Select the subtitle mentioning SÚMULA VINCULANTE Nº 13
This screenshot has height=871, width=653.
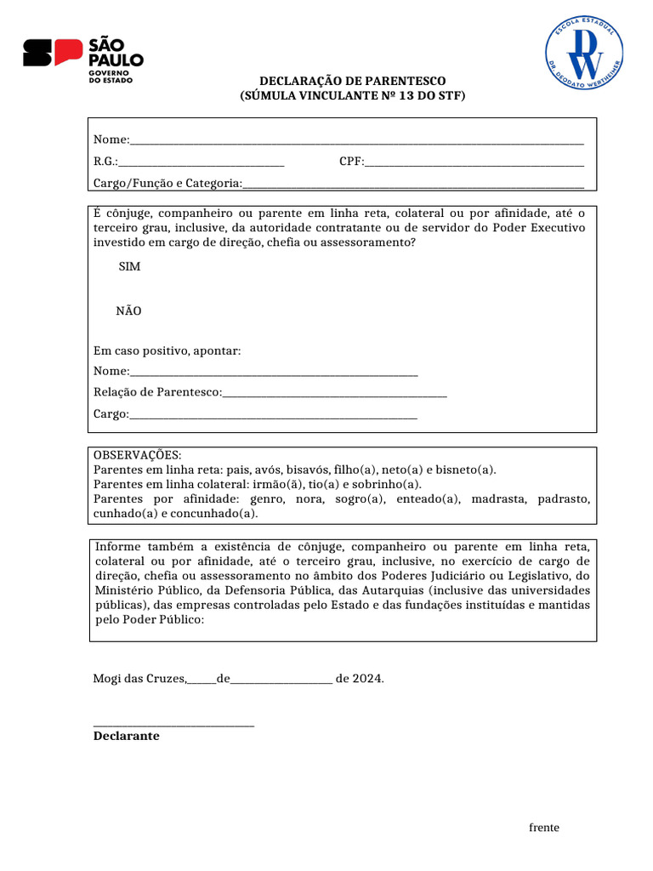pos(352,96)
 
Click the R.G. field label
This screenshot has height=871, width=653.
pos(105,162)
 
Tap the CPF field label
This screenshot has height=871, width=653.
pos(351,162)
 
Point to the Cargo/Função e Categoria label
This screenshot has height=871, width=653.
pos(168,183)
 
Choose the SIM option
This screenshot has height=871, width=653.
pos(129,267)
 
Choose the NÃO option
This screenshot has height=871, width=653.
pos(129,311)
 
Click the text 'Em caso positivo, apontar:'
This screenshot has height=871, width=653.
pos(167,350)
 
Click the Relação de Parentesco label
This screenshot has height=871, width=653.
pos(157,392)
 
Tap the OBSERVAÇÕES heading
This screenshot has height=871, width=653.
pos(137,455)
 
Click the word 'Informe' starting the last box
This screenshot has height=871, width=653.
pos(119,546)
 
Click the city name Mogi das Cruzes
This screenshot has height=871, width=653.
pos(139,679)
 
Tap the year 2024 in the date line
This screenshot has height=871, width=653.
pos(366,679)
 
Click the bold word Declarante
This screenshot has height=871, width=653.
pos(126,736)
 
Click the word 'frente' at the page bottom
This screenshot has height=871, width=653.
pos(544,828)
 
